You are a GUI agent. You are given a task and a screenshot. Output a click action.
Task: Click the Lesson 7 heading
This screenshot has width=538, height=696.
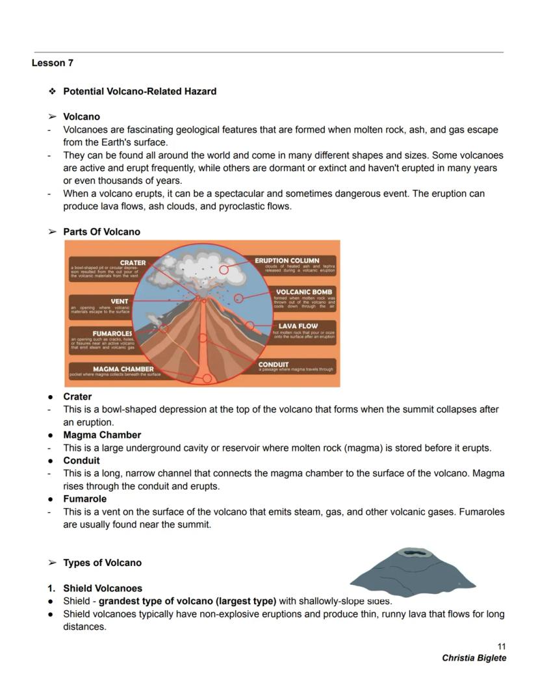(x=52, y=63)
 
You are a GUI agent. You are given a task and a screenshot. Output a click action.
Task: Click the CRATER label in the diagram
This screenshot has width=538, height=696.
(x=133, y=263)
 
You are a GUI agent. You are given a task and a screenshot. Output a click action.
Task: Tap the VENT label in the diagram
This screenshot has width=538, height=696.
(x=120, y=301)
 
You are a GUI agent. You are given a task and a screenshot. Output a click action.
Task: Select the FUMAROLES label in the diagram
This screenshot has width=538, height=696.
(x=112, y=333)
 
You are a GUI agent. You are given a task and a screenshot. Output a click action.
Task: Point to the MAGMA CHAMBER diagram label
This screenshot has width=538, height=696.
(x=123, y=369)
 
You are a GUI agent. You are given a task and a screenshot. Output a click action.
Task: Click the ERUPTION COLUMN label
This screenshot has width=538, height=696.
(x=287, y=261)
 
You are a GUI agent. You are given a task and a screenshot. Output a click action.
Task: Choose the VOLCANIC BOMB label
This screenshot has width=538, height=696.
(x=304, y=292)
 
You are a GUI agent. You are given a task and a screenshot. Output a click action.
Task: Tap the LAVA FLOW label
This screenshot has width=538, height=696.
(x=298, y=326)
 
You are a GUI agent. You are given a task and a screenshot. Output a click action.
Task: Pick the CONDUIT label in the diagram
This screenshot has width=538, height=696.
(x=274, y=365)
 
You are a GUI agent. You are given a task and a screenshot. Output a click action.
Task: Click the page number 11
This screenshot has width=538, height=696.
(x=501, y=646)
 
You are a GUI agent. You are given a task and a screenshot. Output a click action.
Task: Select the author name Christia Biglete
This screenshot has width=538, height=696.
(x=474, y=658)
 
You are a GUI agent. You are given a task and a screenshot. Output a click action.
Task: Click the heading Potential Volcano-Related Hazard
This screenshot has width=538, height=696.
(x=140, y=92)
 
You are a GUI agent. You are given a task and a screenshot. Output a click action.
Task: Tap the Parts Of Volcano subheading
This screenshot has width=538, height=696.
(x=101, y=232)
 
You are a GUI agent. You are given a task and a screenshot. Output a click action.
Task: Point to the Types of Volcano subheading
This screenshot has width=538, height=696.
(x=102, y=563)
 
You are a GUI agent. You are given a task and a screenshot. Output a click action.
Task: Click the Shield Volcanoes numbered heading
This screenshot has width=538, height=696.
(x=103, y=588)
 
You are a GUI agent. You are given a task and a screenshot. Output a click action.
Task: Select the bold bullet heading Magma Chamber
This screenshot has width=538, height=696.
(x=102, y=435)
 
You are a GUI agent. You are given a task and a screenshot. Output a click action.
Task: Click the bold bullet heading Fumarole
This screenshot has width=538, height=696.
(x=84, y=499)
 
